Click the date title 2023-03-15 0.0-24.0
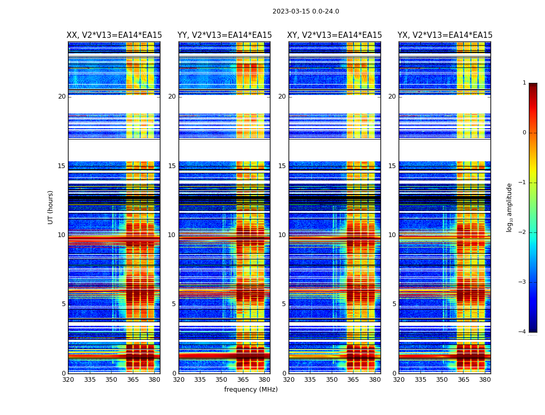pos(306,11)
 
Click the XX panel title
pos(114,35)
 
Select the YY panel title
pos(224,35)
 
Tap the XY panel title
pos(335,35)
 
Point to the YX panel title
pos(445,35)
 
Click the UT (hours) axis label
pos(51,207)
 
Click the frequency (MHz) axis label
pos(251,390)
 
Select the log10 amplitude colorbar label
pos(509,207)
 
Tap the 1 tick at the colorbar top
pos(524,83)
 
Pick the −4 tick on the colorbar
pos(523,332)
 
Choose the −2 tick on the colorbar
pos(523,232)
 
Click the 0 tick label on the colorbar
pos(524,133)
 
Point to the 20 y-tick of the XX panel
pos(62,96)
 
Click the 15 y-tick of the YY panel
pos(172,166)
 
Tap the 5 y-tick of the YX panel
pos(394,304)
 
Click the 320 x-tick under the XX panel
pos(68,380)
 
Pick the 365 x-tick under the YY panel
pos(243,380)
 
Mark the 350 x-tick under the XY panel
pos(332,380)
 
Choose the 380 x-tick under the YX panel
pos(485,380)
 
